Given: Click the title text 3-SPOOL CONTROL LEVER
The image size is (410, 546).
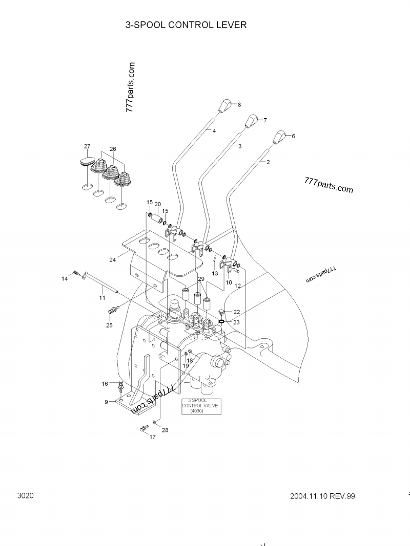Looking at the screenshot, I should [186, 25].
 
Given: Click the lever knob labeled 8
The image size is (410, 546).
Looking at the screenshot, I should [223, 105].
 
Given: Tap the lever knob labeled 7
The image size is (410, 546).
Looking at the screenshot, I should [250, 122].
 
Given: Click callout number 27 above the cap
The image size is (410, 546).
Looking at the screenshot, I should [87, 146].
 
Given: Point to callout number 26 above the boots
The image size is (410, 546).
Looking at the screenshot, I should [113, 149].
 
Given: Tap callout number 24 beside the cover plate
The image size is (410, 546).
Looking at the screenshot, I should [112, 259].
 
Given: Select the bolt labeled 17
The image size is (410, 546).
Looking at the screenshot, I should [144, 429].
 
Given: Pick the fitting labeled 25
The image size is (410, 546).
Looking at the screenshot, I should [112, 310].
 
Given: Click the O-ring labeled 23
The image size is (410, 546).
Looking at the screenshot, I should [221, 321].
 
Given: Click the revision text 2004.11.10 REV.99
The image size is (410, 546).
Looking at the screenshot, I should [322, 496].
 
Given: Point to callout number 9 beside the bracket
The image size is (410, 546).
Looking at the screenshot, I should [106, 402].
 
